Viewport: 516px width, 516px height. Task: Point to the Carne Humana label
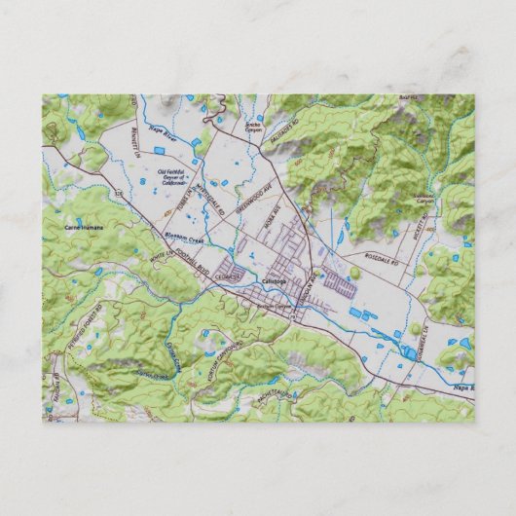point(82,227)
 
